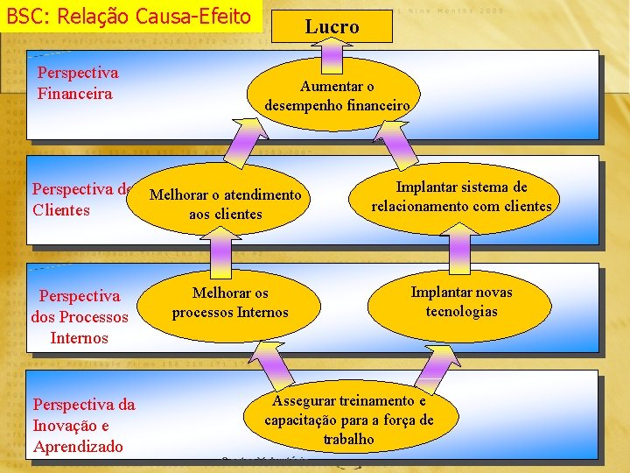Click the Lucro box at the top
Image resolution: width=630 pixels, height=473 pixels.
click(332, 26)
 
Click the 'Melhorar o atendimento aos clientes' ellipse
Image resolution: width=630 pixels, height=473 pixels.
click(226, 204)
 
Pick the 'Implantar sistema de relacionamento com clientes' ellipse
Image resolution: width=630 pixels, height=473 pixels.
click(461, 197)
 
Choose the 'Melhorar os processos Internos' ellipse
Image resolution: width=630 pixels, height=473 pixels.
click(230, 302)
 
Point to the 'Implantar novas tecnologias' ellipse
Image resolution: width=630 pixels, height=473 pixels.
click(461, 302)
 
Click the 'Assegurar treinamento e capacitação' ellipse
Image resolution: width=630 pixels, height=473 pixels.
click(348, 420)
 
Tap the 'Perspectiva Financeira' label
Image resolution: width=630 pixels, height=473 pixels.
click(77, 83)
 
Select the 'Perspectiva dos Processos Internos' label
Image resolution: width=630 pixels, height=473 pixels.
click(79, 317)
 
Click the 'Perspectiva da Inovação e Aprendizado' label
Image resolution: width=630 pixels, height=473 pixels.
click(83, 426)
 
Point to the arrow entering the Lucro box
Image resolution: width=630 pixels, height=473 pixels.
click(332, 58)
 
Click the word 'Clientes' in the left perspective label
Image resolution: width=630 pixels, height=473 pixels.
click(61, 210)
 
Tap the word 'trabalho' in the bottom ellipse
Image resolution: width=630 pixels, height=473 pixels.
click(348, 439)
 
